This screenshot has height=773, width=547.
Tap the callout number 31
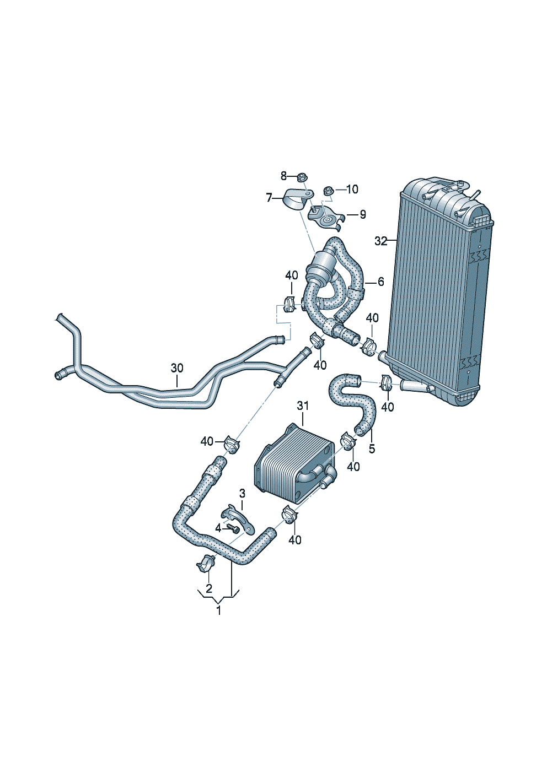pyautogui.click(x=302, y=406)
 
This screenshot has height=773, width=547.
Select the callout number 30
pyautogui.click(x=176, y=368)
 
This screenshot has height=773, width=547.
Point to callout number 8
pyautogui.click(x=284, y=176)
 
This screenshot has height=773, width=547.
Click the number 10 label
pyautogui.click(x=352, y=190)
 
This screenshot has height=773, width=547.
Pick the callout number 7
pyautogui.click(x=269, y=197)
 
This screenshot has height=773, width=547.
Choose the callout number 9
pyautogui.click(x=363, y=215)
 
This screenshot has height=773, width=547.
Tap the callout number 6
pyautogui.click(x=381, y=282)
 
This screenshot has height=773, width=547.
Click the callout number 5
pyautogui.click(x=372, y=449)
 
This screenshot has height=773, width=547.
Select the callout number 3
pyautogui.click(x=242, y=492)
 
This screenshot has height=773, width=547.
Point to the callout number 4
pyautogui.click(x=218, y=528)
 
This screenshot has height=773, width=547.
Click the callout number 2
pyautogui.click(x=209, y=588)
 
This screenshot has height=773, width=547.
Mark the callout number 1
pyautogui.click(x=218, y=610)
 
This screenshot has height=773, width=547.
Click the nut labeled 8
pyautogui.click(x=302, y=177)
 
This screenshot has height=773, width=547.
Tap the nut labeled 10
pyautogui.click(x=328, y=191)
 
